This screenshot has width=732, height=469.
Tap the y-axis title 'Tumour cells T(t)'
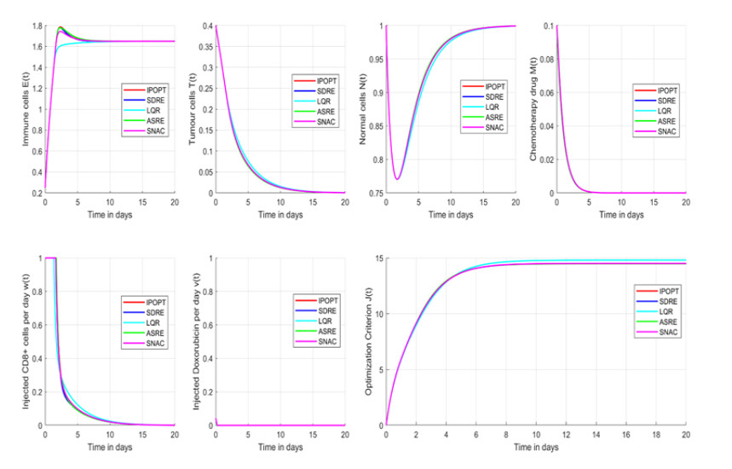(x=192, y=109)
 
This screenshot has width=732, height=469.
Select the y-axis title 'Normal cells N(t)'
(x=364, y=109)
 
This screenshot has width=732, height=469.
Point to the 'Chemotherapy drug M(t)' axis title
(x=534, y=109)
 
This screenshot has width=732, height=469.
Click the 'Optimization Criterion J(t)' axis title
(x=369, y=341)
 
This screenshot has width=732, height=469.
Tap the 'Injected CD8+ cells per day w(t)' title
(x=26, y=341)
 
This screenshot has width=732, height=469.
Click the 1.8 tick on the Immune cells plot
(x=37, y=26)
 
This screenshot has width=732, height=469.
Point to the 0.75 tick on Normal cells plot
(x=375, y=194)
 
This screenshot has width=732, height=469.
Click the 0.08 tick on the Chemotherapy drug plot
(x=545, y=60)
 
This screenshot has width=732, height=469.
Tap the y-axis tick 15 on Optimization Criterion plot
(x=379, y=258)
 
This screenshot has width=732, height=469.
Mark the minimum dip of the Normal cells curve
(x=397, y=178)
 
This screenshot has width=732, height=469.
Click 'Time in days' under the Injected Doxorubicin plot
(x=280, y=446)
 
